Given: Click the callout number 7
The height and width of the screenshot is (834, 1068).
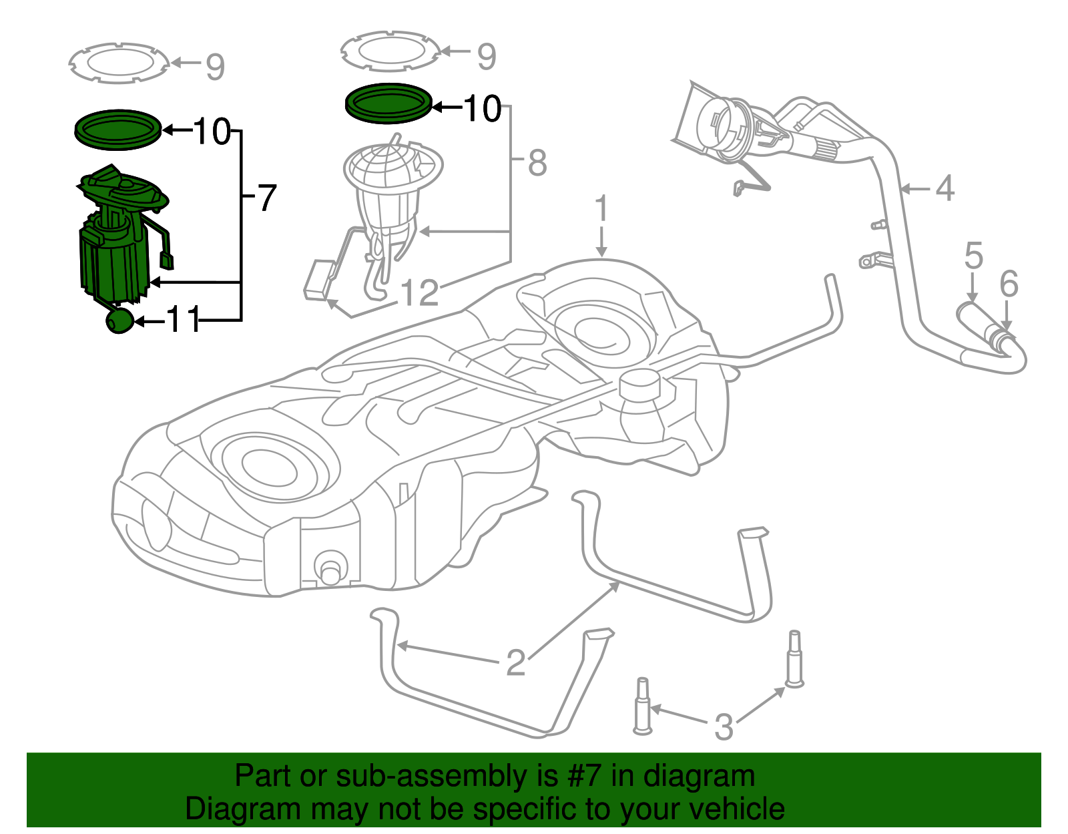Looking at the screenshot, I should tap(266, 198).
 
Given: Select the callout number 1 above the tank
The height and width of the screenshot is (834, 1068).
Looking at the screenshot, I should tap(601, 209).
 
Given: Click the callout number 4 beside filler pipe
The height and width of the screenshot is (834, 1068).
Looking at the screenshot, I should tap(945, 188).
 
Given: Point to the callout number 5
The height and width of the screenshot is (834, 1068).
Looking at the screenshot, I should tap(974, 256).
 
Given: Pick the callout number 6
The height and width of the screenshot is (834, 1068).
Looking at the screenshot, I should tap(1009, 284).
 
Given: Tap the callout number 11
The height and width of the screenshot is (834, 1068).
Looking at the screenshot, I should tap(183, 320).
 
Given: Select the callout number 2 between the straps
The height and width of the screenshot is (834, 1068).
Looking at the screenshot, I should tap(515, 663).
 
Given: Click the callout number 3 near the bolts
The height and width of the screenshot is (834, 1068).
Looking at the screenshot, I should tap(724, 727).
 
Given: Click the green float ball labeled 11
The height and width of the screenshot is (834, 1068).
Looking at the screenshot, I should tap(119, 321).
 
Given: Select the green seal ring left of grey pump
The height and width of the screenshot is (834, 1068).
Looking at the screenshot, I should tap(118, 130).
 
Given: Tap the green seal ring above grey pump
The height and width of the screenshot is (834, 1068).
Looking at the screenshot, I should tap(388, 103).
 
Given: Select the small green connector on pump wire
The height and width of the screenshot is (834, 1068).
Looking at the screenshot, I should tap(167, 260).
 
